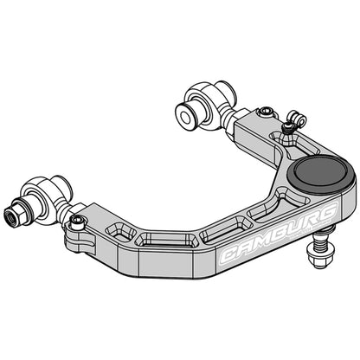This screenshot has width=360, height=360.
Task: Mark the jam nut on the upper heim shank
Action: (228, 119)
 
